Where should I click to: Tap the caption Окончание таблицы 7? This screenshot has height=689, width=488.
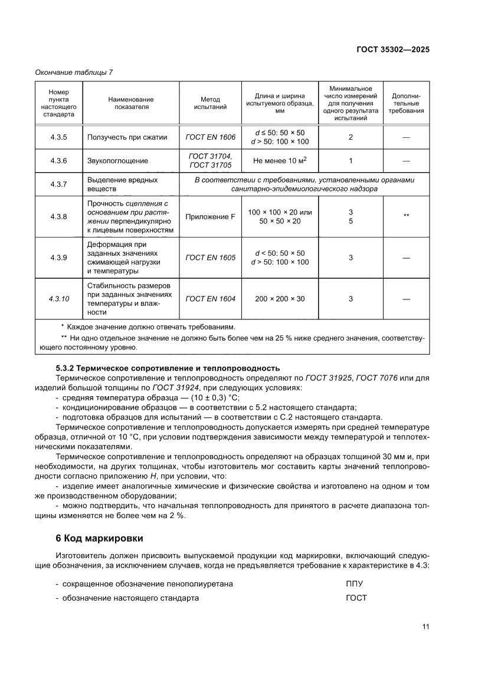(74, 72)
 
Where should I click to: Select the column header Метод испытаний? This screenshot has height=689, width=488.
(210, 104)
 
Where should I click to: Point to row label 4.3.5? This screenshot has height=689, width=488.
(59, 137)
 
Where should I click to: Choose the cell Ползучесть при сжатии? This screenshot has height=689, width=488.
(127, 137)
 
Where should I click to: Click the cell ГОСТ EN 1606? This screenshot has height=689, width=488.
(210, 137)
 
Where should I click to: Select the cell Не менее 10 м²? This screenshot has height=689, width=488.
(279, 160)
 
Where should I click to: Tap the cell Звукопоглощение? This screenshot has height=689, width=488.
(117, 160)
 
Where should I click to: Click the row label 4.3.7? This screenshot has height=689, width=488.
(59, 184)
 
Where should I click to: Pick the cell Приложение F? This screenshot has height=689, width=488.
(210, 216)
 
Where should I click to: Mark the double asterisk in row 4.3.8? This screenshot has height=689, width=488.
(406, 216)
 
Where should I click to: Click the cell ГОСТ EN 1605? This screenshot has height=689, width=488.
(210, 258)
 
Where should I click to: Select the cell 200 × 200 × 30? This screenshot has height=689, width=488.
(280, 299)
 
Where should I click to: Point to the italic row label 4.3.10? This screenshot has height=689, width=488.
(59, 299)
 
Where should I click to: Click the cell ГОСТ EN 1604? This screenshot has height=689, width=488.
(210, 299)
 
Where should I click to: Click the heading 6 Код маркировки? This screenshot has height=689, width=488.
(99, 538)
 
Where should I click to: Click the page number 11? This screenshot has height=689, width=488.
(425, 627)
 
